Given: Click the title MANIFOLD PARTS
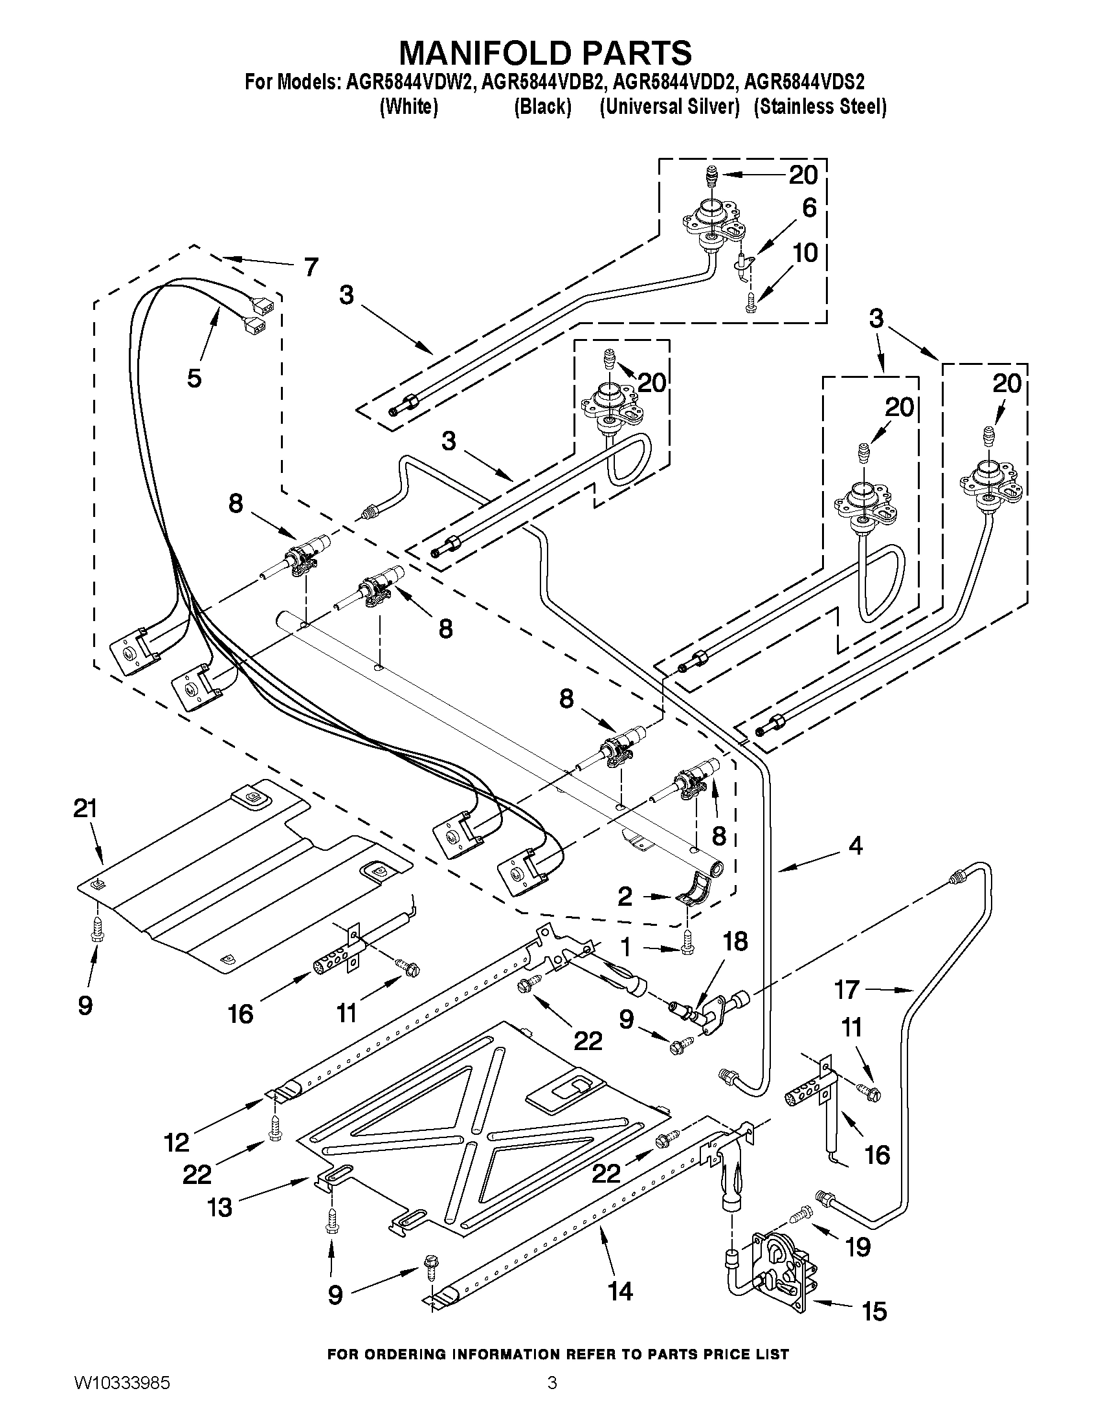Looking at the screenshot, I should (x=545, y=53).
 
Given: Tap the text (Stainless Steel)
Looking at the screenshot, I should (x=820, y=106).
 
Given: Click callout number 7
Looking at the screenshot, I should (x=311, y=266).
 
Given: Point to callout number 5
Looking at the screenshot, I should (x=194, y=378).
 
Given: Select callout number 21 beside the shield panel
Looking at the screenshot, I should (x=85, y=809).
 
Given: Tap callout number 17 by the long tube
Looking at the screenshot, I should (x=847, y=990).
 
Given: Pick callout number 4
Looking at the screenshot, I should (x=855, y=846).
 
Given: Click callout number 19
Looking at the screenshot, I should (x=858, y=1247).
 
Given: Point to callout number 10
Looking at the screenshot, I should (x=806, y=252).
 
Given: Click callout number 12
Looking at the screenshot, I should (x=177, y=1142).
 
